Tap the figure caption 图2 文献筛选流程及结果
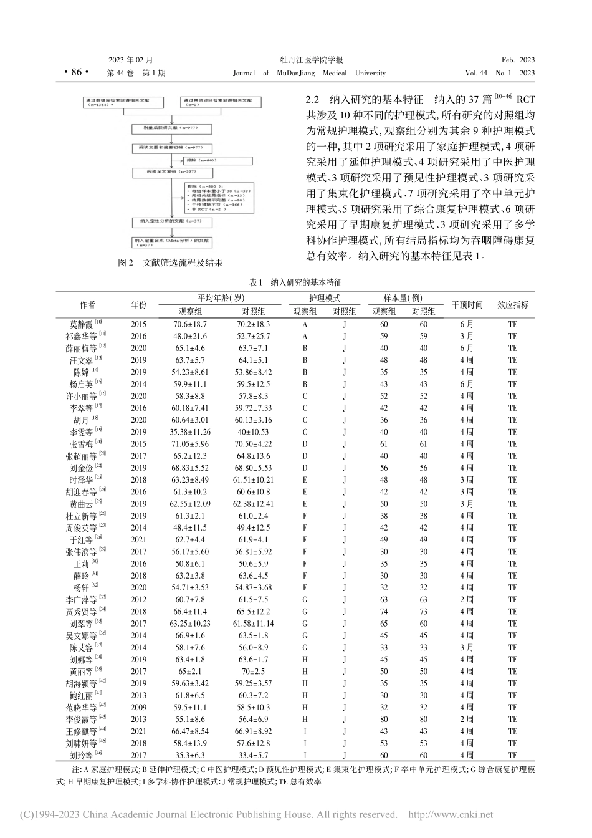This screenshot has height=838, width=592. [x=170, y=263]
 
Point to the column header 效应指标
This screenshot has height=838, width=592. [x=513, y=305]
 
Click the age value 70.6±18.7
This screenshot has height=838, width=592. [x=190, y=324]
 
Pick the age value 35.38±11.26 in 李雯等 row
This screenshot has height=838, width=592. [x=190, y=432]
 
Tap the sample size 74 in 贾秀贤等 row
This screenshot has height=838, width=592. [x=384, y=612]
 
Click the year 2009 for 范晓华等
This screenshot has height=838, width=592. [x=139, y=708]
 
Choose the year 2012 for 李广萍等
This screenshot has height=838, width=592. [x=139, y=600]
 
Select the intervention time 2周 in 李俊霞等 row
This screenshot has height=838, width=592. [x=467, y=720]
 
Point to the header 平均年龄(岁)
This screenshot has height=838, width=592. [x=221, y=299]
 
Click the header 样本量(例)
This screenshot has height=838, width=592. [x=404, y=299]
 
